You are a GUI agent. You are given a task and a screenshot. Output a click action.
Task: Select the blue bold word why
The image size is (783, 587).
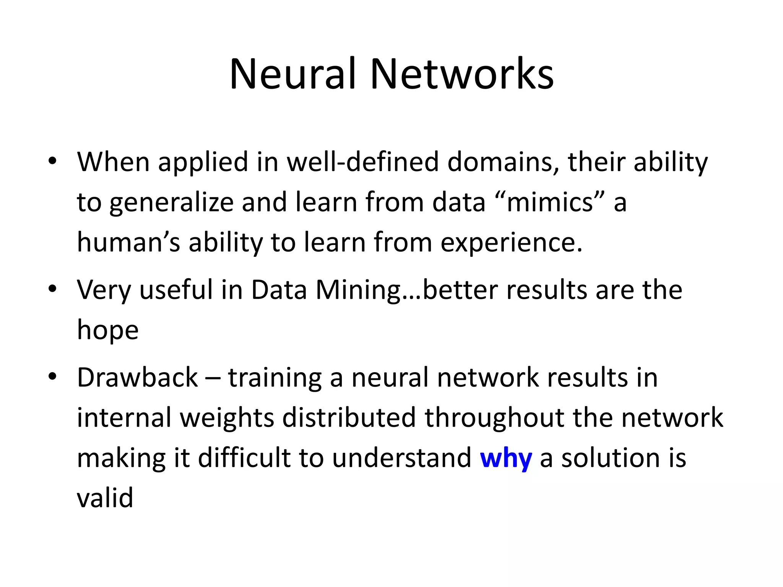[505, 458]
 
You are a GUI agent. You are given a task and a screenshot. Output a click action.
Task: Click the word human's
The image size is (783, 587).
[128, 242]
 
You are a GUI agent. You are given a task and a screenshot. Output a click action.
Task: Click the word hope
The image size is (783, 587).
[107, 330]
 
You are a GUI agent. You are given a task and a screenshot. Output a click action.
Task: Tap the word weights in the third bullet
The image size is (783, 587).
[227, 418]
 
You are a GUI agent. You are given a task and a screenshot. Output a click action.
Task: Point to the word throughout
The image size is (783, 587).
[494, 418]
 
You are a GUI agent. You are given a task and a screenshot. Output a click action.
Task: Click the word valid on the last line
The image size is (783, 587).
[105, 498]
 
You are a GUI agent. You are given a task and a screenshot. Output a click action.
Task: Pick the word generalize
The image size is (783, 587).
[171, 203]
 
